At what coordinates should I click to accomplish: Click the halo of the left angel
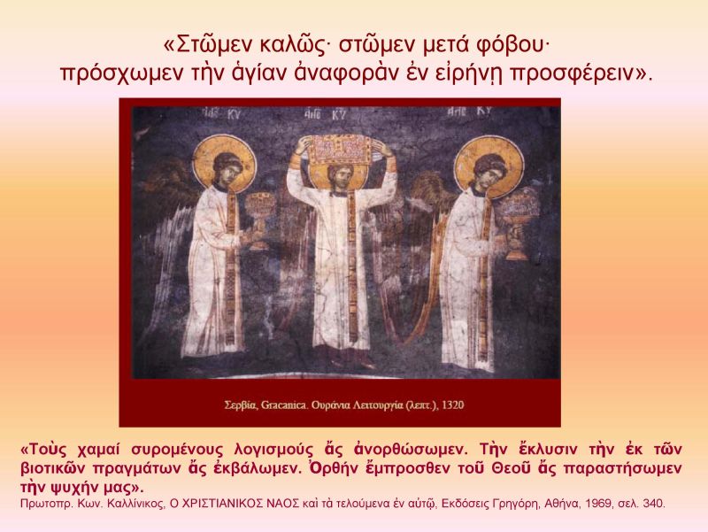(224, 159)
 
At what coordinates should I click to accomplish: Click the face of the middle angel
(340, 177)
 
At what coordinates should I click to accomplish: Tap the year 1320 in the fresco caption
(452, 405)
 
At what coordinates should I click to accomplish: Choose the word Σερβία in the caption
(241, 405)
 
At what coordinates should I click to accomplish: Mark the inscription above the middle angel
(325, 114)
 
